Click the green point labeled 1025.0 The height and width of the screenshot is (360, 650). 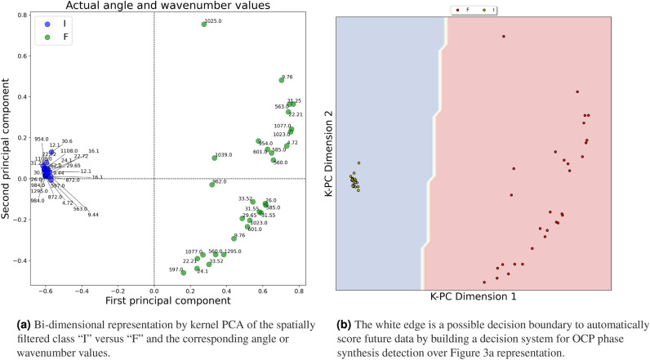tap(204, 24)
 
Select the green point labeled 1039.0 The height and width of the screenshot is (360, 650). tap(215, 158)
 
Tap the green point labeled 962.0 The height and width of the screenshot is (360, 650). tap(211, 184)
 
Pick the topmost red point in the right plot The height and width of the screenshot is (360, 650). tap(504, 36)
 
